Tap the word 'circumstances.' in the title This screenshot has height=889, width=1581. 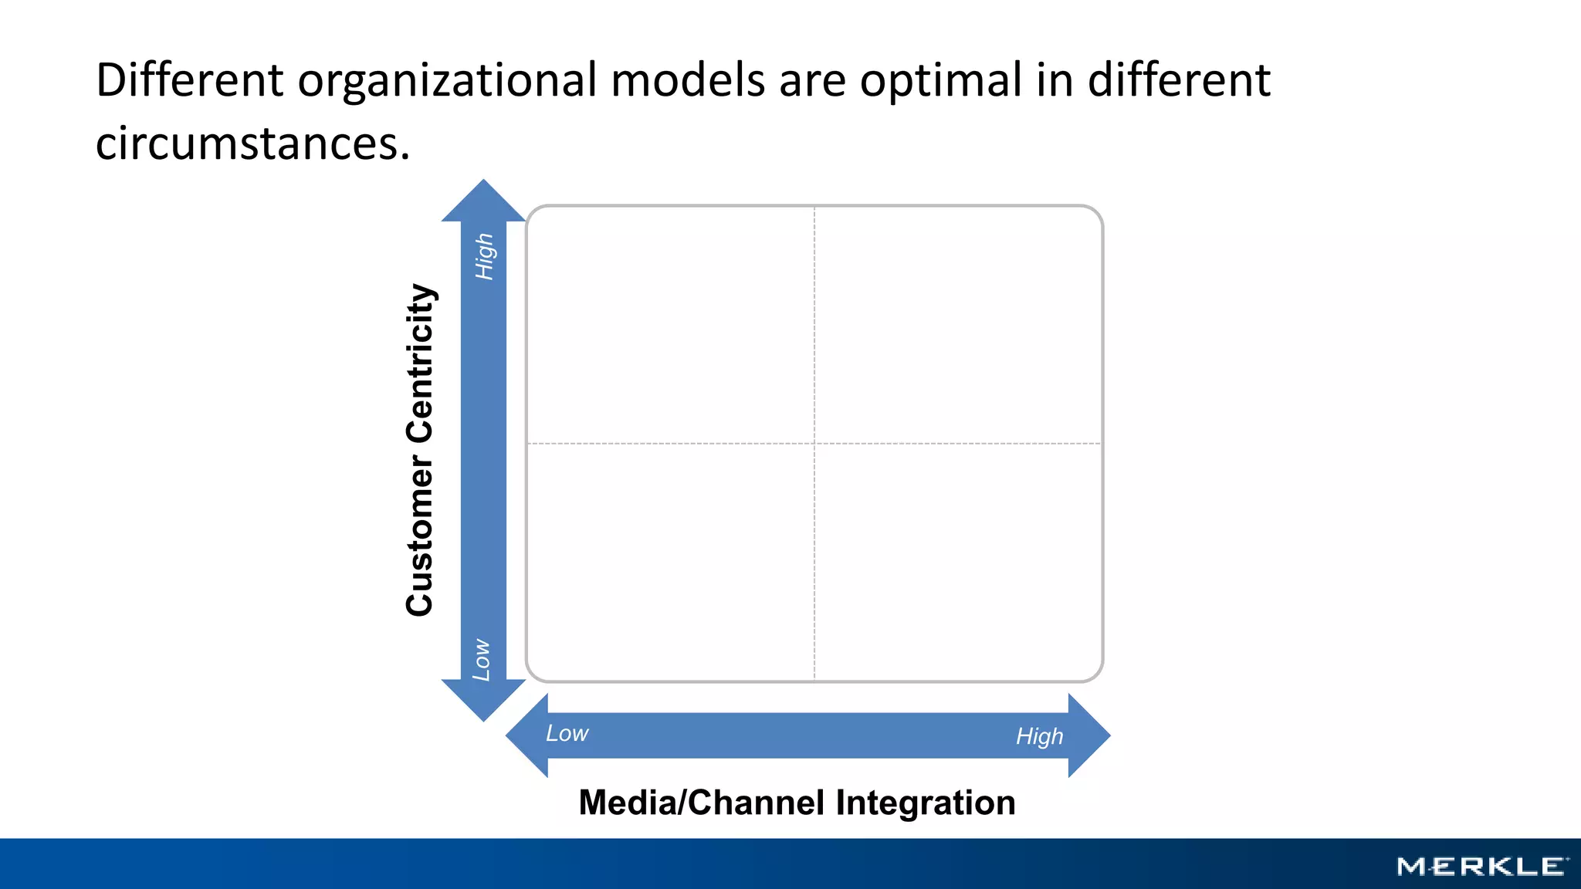click(252, 144)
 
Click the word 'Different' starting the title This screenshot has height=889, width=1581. click(190, 80)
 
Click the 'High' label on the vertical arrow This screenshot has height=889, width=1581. click(484, 257)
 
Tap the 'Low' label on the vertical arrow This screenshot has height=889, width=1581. click(482, 660)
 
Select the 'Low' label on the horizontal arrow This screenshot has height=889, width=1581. click(567, 733)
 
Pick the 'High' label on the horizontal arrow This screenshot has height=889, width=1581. click(1039, 736)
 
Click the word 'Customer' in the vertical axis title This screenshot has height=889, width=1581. click(420, 536)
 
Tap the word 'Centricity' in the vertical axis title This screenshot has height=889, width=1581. click(420, 363)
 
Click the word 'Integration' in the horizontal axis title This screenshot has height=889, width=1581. click(926, 803)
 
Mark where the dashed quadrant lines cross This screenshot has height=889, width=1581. click(814, 444)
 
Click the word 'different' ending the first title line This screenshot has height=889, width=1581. click(1179, 80)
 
